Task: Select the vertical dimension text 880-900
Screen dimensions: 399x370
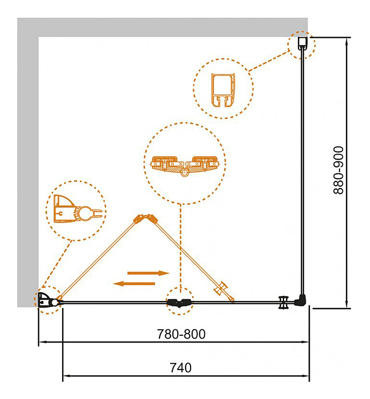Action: [338, 170]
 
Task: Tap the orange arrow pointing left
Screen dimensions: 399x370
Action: [134, 284]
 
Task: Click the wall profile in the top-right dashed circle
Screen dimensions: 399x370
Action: [302, 44]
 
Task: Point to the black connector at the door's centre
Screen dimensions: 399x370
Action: [179, 302]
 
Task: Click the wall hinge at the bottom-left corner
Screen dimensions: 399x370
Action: [48, 301]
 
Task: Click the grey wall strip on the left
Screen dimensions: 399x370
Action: [28, 166]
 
